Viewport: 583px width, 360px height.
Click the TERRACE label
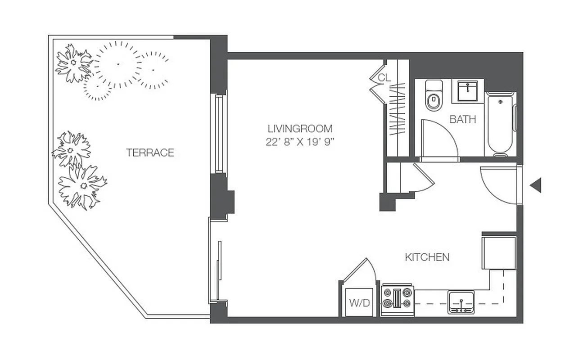150,153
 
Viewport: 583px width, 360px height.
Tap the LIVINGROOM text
299,128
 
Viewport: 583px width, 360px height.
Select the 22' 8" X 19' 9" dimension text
299,142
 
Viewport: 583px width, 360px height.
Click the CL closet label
384,77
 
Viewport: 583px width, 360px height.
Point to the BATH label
462,120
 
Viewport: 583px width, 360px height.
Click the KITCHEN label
427,257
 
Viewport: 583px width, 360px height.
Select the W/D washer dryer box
359,302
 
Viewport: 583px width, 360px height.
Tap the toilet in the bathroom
434,96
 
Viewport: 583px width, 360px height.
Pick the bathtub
501,124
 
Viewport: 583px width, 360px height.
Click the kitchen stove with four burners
397,299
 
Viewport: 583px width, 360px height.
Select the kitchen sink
461,302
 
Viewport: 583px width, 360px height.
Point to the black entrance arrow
535,185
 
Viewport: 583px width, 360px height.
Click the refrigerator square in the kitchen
498,252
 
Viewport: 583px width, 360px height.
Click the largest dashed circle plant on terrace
118,64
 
